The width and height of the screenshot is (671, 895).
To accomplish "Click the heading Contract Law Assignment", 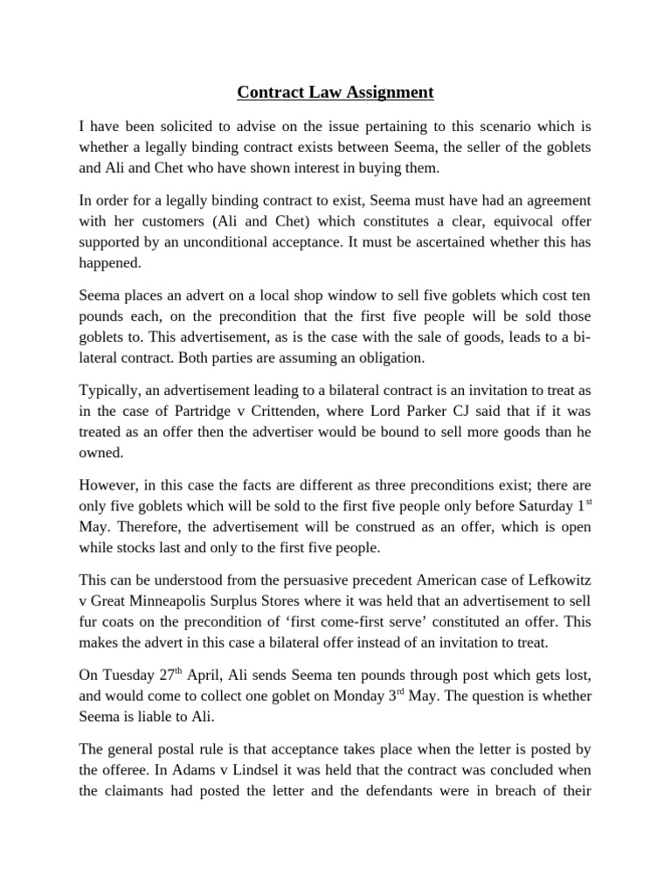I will pyautogui.click(x=335, y=91).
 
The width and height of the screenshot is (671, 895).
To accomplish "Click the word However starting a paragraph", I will pyautogui.click(x=109, y=480).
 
